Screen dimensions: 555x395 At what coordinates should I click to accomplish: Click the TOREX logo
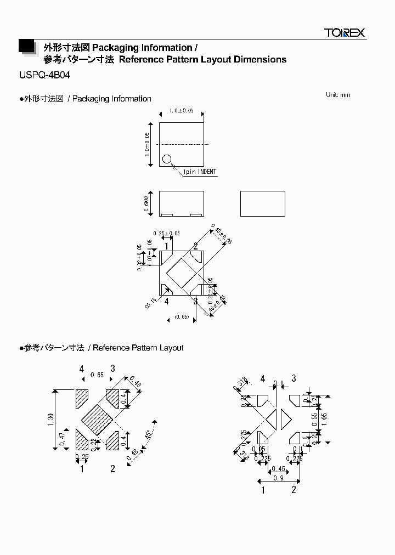(x=344, y=33)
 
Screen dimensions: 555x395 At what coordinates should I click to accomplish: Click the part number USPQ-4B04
(x=44, y=76)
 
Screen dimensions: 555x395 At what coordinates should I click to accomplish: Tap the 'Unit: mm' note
(x=337, y=95)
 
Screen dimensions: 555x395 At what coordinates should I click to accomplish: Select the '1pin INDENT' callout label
(x=200, y=172)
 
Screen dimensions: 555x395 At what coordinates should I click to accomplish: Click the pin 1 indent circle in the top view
(x=167, y=160)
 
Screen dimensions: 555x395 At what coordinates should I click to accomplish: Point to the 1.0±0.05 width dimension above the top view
(x=181, y=111)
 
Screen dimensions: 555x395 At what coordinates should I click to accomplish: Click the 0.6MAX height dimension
(x=146, y=203)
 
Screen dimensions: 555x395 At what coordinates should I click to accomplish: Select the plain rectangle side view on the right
(x=262, y=203)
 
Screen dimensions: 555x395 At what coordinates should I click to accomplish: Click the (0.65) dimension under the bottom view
(x=182, y=317)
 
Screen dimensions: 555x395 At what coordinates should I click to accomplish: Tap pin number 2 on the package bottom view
(x=195, y=246)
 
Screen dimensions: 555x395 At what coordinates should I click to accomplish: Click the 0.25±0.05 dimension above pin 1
(x=167, y=234)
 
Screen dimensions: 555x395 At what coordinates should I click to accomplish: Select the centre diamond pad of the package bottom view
(x=182, y=273)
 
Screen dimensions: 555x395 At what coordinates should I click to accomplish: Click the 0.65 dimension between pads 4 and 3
(x=97, y=375)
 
